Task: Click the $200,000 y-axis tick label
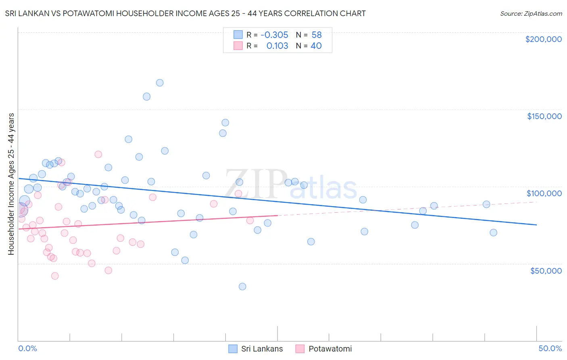tap(543, 39)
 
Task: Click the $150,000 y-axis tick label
tap(544, 116)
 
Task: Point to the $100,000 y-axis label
tap(544, 193)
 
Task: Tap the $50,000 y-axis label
tap(546, 271)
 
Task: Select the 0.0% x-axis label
tap(27, 348)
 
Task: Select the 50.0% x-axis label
tap(550, 348)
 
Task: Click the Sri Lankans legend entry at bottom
tap(256, 349)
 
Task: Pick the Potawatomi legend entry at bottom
tap(323, 349)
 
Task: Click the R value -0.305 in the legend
tap(274, 35)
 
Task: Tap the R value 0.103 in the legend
tap(277, 46)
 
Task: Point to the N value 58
tap(317, 35)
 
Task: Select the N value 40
tap(316, 46)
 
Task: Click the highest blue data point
tap(160, 83)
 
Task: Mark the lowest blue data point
tap(242, 287)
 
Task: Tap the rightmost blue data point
tap(493, 232)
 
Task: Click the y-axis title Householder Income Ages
tap(11, 184)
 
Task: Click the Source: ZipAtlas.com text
tap(531, 14)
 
